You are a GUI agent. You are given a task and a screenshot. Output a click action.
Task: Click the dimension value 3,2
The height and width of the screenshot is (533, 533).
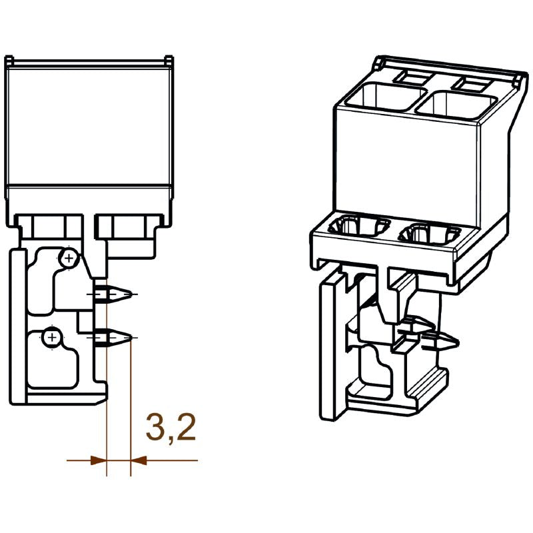[x=171, y=428]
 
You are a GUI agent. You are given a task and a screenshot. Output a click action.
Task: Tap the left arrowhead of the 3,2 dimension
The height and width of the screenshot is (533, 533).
[x=99, y=460]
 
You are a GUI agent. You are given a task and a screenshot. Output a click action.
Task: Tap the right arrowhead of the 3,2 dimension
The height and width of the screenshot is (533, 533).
[x=139, y=460]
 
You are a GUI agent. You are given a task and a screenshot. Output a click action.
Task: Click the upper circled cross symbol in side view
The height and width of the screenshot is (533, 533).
[x=68, y=257]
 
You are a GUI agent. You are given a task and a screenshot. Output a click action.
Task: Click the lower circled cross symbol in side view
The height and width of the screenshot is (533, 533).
[x=51, y=337]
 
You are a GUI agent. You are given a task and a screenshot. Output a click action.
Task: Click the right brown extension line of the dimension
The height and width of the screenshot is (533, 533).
[x=131, y=400]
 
